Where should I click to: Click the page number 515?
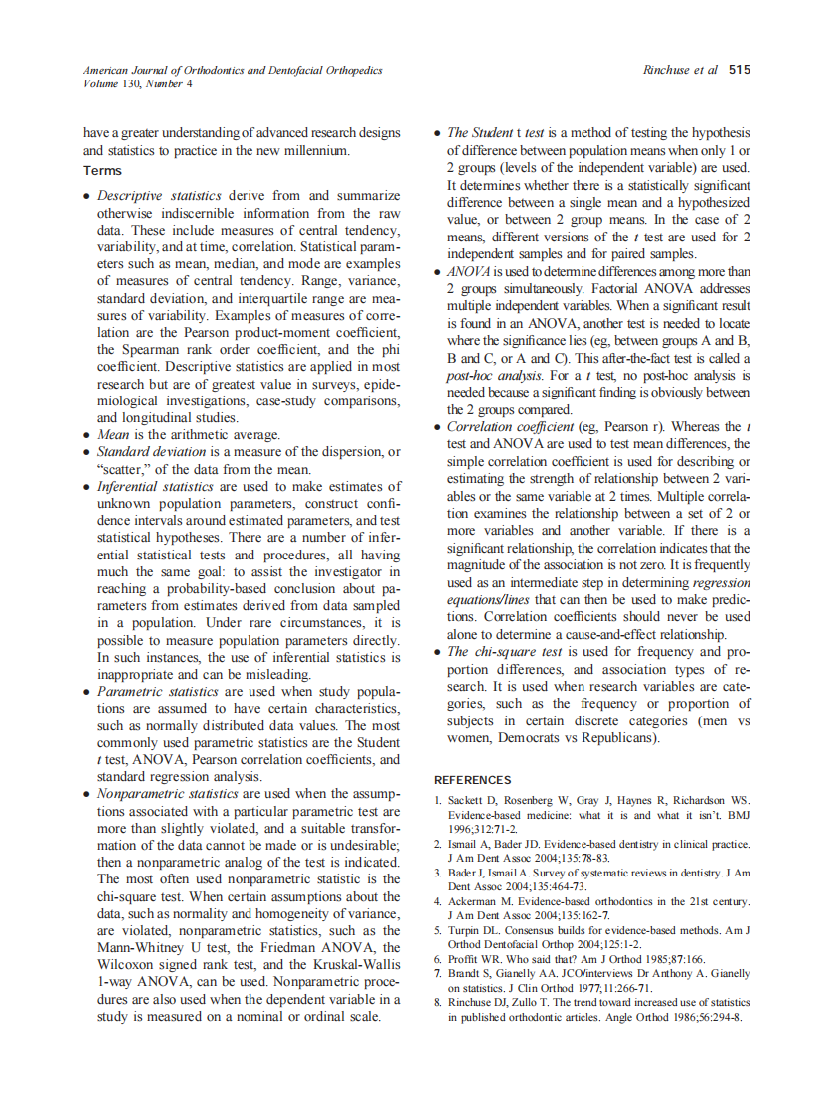[x=739, y=70]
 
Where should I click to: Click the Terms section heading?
[x=102, y=171]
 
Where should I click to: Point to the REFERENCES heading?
[x=473, y=780]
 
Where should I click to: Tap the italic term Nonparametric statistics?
[x=167, y=794]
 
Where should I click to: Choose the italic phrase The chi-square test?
[x=506, y=652]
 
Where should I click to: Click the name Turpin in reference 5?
[x=467, y=930]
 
